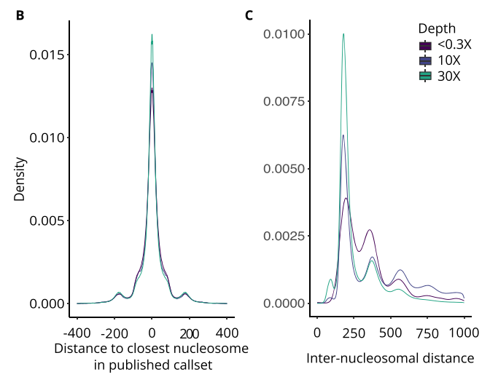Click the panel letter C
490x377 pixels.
[x=249, y=15]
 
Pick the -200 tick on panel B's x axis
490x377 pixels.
[x=113, y=333]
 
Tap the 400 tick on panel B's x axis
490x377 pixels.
[x=227, y=333]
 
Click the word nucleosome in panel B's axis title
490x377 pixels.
[x=211, y=349]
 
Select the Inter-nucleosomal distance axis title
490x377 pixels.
[x=390, y=358]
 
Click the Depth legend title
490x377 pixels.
[x=437, y=28]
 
